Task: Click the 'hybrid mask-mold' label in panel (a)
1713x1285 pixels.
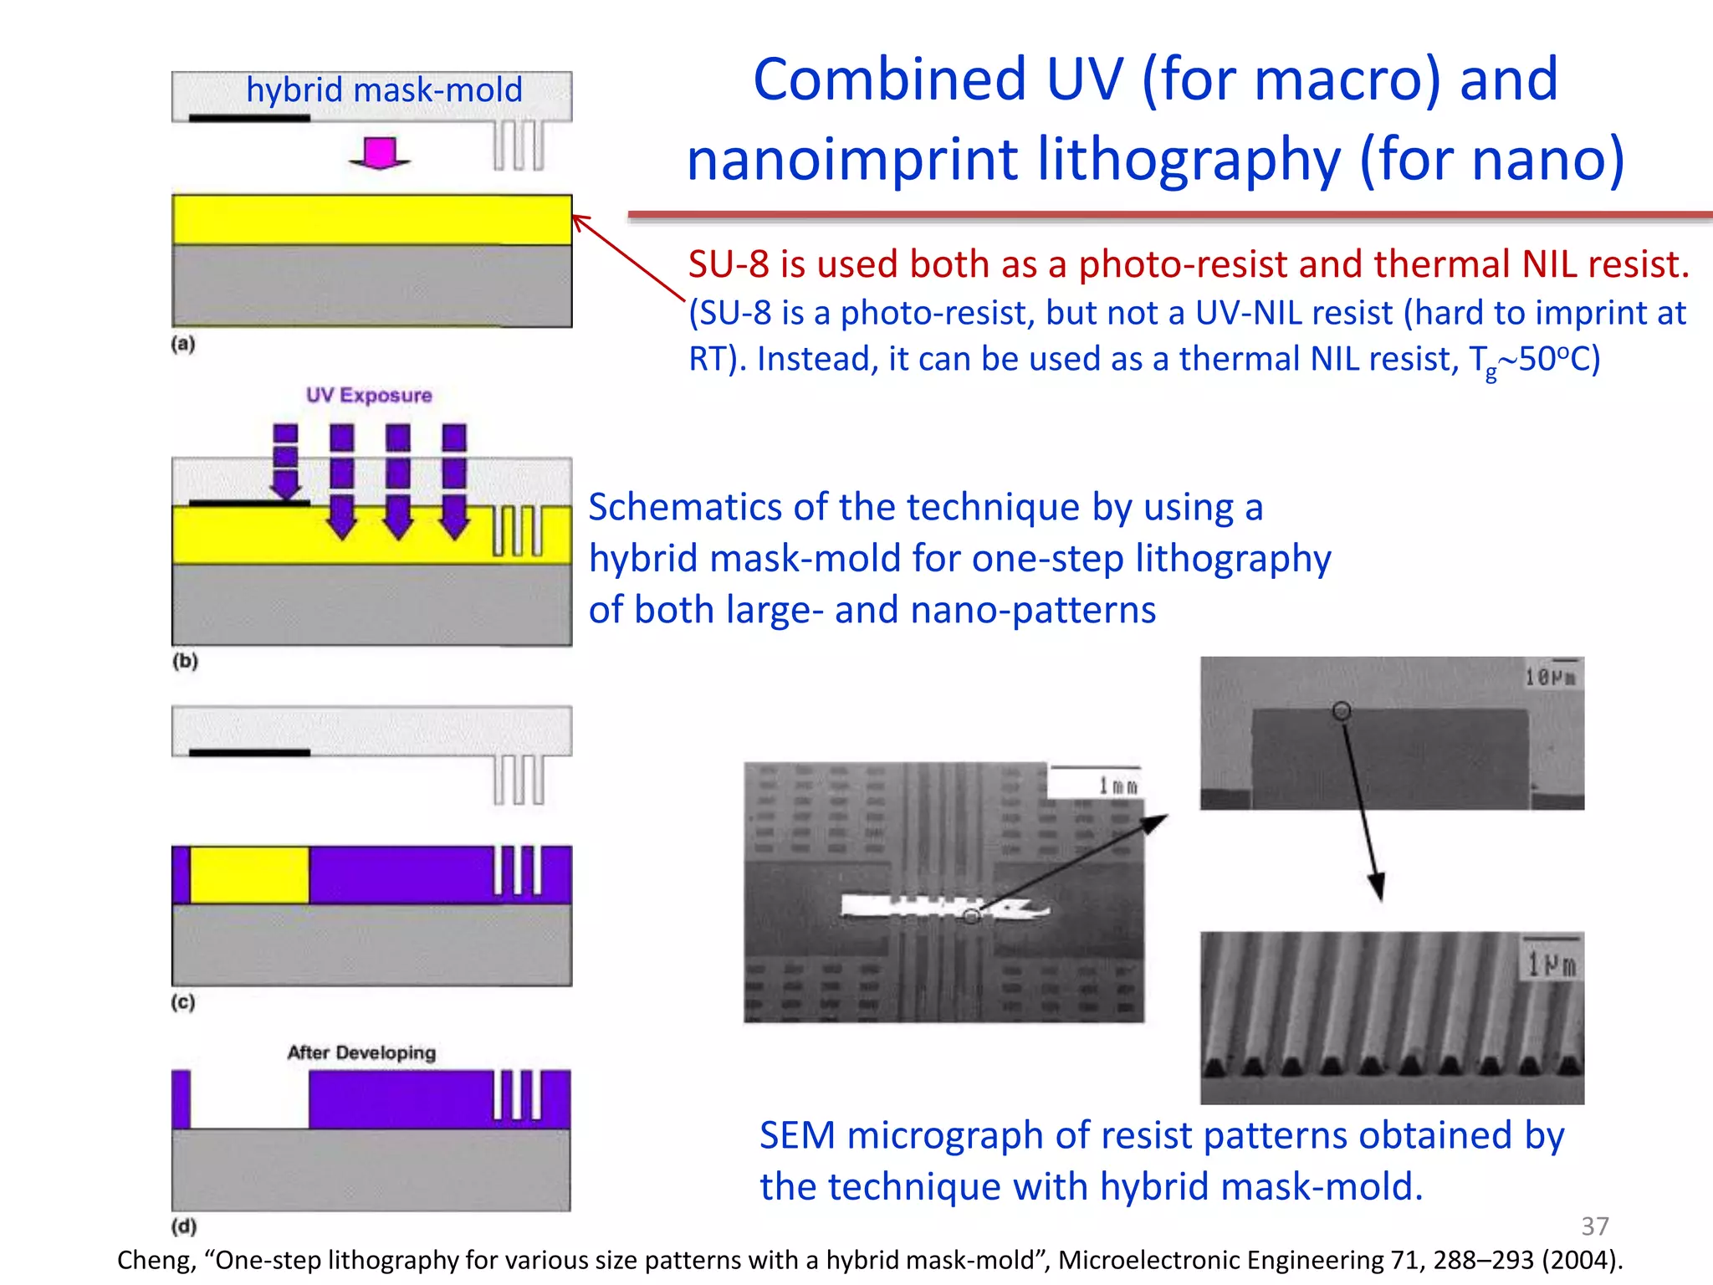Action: pyautogui.click(x=384, y=90)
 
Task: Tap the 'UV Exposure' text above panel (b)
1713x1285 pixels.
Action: pyautogui.click(x=369, y=395)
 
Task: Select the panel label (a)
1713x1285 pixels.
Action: pyautogui.click(x=183, y=344)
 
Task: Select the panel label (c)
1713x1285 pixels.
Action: pyautogui.click(x=183, y=1001)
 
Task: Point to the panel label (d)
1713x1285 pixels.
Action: pyautogui.click(x=184, y=1226)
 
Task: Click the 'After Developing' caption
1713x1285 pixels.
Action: pyautogui.click(x=361, y=1052)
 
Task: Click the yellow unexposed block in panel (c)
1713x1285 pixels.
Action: pyautogui.click(x=249, y=875)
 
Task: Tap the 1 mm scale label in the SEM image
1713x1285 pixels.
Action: pyautogui.click(x=1117, y=786)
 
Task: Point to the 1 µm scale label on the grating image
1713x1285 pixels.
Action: pyautogui.click(x=1552, y=965)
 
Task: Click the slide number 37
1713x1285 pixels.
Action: pyautogui.click(x=1595, y=1226)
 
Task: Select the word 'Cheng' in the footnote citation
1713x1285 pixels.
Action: pyautogui.click(x=156, y=1260)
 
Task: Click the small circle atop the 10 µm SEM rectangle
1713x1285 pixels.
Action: pyautogui.click(x=1342, y=711)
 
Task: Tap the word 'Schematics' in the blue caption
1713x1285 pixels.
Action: pyautogui.click(x=683, y=507)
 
